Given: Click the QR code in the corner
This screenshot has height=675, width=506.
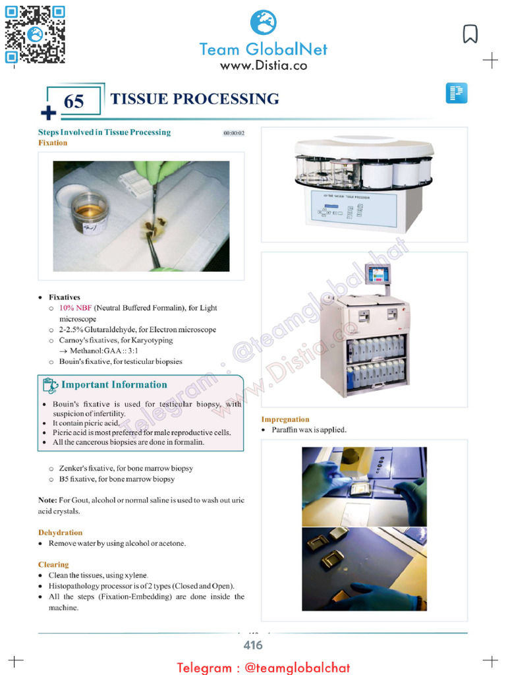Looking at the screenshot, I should (x=35, y=34).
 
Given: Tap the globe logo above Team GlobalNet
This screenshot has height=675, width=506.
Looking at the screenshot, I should (x=263, y=22).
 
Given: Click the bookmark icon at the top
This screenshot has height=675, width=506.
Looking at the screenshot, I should (x=470, y=34).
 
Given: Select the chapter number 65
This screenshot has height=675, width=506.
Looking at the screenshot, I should (x=74, y=102).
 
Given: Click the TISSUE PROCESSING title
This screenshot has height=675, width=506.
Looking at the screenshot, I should (x=194, y=99).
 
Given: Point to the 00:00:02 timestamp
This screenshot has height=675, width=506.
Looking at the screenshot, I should (x=234, y=133).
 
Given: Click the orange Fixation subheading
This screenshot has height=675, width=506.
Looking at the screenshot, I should (x=53, y=142).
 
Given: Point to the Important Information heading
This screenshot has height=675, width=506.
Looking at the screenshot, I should (x=114, y=384).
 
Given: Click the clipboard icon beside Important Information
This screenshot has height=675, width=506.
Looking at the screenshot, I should (x=49, y=385).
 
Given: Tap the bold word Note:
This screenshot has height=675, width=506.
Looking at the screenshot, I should (x=47, y=500).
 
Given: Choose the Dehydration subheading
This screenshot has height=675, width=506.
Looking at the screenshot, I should (x=60, y=532).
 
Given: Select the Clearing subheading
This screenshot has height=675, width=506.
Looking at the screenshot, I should (x=53, y=564).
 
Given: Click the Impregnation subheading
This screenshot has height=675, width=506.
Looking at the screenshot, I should (x=285, y=419).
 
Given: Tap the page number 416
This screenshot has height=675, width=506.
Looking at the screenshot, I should (x=253, y=645).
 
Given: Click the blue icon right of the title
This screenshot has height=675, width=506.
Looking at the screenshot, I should (x=456, y=93).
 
